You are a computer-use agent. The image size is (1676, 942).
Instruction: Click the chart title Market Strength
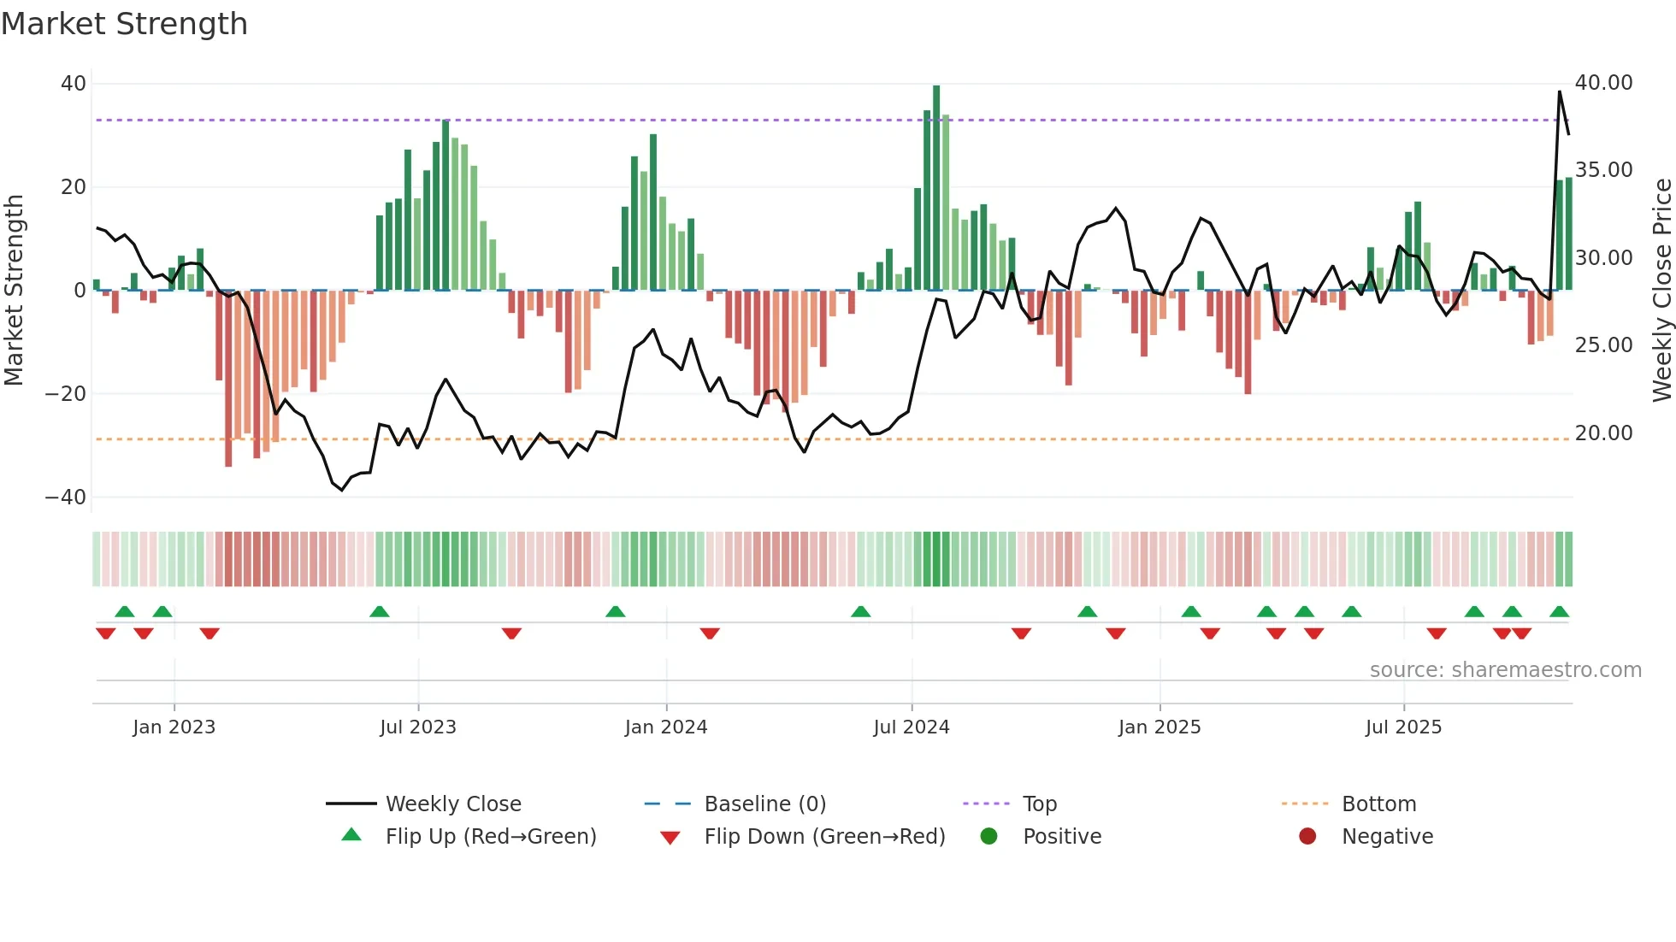pyautogui.click(x=124, y=24)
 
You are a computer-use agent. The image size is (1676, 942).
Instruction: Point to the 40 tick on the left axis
pyautogui.click(x=74, y=84)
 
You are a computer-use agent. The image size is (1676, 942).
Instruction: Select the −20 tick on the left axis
pyautogui.click(x=66, y=394)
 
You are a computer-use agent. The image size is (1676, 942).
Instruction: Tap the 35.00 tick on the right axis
pyautogui.click(x=1603, y=170)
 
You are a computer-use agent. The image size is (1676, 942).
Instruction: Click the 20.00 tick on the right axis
pyautogui.click(x=1603, y=433)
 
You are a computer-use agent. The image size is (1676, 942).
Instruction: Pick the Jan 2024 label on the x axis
pyautogui.click(x=666, y=727)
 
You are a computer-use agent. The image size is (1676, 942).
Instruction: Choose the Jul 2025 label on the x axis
pyautogui.click(x=1403, y=727)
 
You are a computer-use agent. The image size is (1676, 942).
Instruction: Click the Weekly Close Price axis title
pyautogui.click(x=1661, y=291)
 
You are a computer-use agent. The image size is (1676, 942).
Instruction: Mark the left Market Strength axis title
pyautogui.click(x=15, y=291)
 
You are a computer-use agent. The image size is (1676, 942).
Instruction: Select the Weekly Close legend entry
pyautogui.click(x=452, y=804)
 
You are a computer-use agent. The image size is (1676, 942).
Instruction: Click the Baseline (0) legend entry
pyautogui.click(x=764, y=804)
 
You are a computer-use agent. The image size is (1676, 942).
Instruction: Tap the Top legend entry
pyautogui.click(x=1039, y=804)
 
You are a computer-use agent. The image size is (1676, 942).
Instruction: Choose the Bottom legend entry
pyautogui.click(x=1378, y=804)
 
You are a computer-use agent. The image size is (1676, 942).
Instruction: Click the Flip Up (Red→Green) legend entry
pyautogui.click(x=490, y=837)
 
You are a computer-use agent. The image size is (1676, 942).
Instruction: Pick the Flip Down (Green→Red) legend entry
pyautogui.click(x=824, y=837)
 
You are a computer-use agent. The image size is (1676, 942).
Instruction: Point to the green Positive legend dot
pyautogui.click(x=989, y=837)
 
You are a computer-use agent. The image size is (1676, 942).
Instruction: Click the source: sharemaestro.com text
pyautogui.click(x=1505, y=670)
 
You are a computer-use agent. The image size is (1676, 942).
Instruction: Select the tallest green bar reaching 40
pyautogui.click(x=936, y=188)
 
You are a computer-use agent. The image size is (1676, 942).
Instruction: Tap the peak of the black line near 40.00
pyautogui.click(x=1560, y=91)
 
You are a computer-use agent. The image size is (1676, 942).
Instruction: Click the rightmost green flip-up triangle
pyautogui.click(x=1559, y=612)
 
